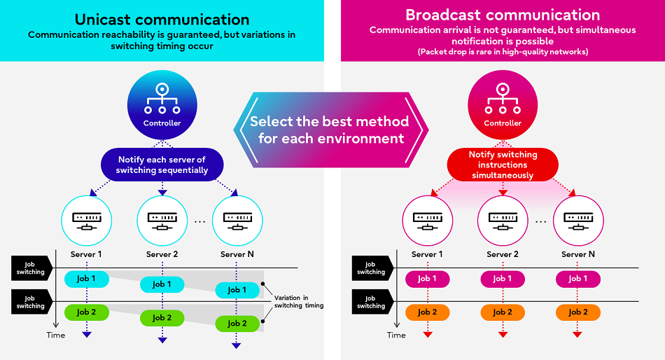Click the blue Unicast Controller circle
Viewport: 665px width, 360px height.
coord(162,104)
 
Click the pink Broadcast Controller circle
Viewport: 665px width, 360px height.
coord(503,104)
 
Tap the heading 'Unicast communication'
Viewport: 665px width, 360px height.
coord(162,19)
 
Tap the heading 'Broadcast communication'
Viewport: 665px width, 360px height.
coord(503,15)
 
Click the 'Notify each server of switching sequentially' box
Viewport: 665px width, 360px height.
coord(162,165)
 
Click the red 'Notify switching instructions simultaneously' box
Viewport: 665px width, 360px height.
coord(503,165)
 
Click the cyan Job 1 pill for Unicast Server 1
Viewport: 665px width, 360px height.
coord(86,279)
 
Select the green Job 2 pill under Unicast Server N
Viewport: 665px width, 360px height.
coord(237,324)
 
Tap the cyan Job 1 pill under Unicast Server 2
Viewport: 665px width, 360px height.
coord(162,284)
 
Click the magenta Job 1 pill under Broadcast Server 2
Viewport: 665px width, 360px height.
coord(503,279)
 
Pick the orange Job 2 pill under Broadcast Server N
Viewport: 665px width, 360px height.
coord(578,312)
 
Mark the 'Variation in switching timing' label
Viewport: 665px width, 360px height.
coord(298,301)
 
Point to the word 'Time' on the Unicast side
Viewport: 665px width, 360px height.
coord(55,335)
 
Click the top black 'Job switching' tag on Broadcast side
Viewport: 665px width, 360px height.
coord(371,268)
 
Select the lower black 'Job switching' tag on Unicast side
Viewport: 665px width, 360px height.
coord(31,302)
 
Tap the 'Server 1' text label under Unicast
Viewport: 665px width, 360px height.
coord(86,254)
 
